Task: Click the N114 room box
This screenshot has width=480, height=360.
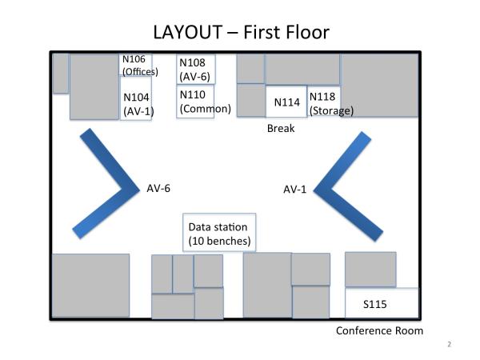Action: click(x=286, y=102)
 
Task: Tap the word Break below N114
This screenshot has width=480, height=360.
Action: click(x=281, y=128)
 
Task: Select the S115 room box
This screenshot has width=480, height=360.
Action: click(x=382, y=304)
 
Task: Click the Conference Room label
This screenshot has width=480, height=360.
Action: click(x=378, y=331)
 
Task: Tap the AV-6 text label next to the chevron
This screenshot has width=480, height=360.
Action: click(x=158, y=189)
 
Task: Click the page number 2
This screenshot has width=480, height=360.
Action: click(x=449, y=345)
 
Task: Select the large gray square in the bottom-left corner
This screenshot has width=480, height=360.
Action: click(x=90, y=286)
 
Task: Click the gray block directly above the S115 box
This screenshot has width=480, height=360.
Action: click(x=370, y=269)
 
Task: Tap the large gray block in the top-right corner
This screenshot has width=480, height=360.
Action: click(x=378, y=85)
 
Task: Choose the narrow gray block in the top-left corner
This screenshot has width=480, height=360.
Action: click(x=61, y=74)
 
